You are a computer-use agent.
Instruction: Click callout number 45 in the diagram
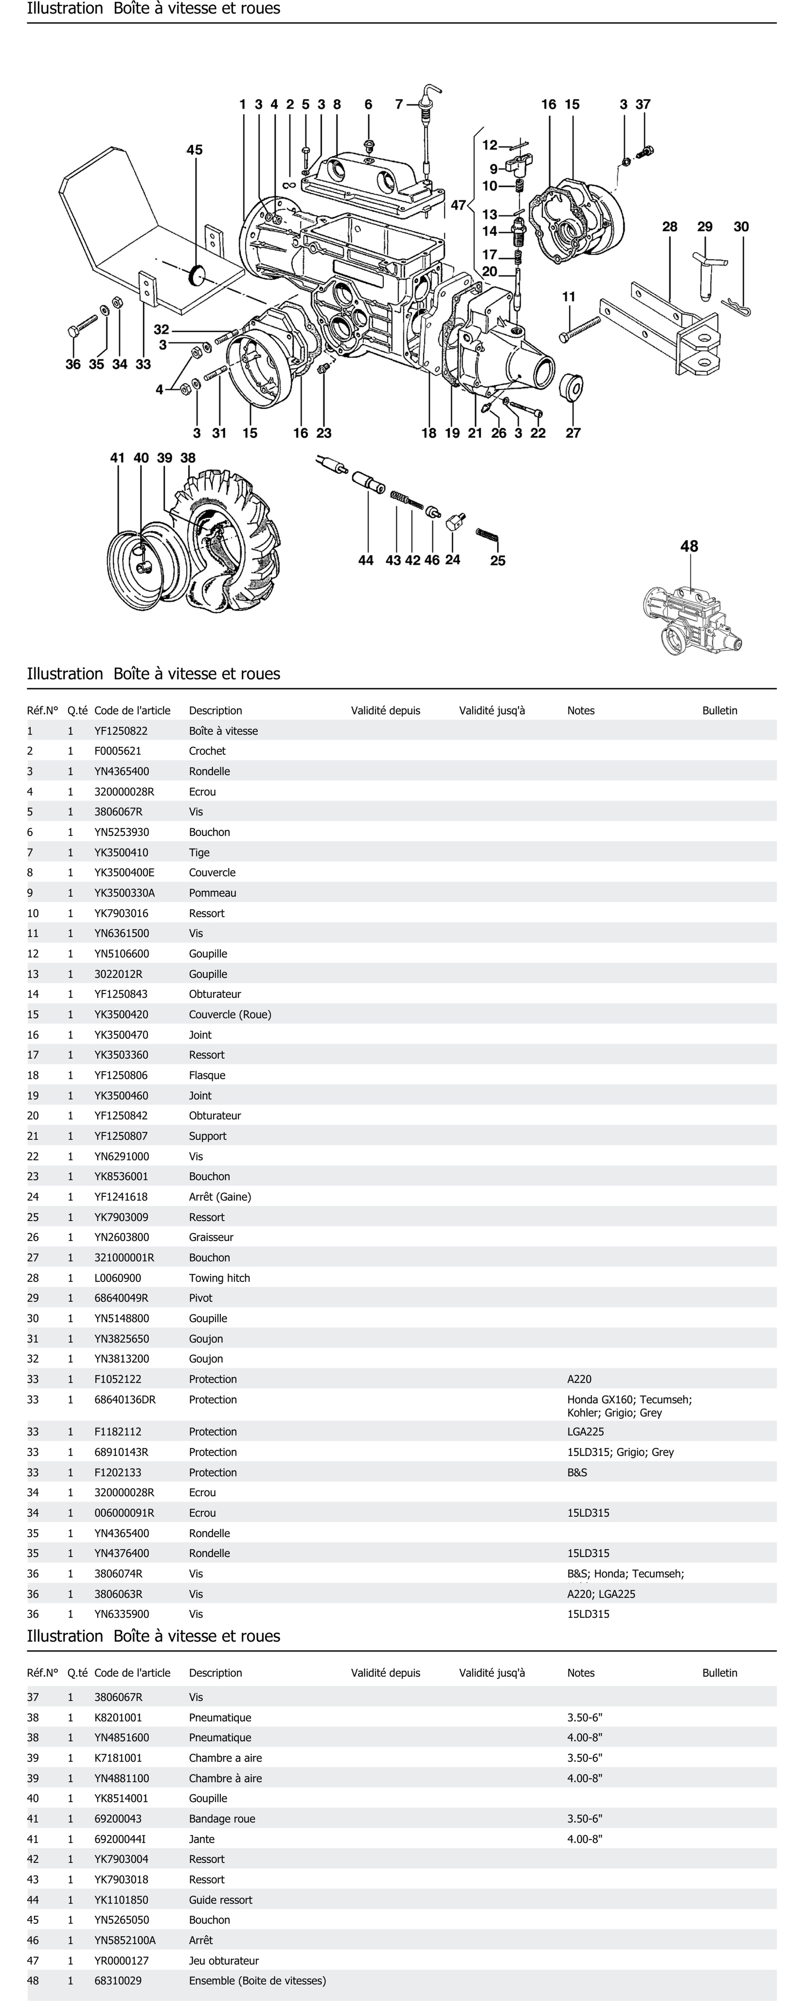pyautogui.click(x=194, y=150)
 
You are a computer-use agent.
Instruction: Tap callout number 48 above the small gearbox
pyautogui.click(x=689, y=546)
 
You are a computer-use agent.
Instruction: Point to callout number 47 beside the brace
pyautogui.click(x=458, y=205)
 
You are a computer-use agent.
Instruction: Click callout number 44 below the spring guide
pyautogui.click(x=366, y=560)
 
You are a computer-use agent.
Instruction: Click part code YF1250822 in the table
pyautogui.click(x=121, y=731)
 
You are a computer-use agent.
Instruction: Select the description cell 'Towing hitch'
pyautogui.click(x=219, y=1278)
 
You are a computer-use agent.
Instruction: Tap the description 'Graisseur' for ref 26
pyautogui.click(x=211, y=1237)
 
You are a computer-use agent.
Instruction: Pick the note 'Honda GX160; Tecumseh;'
pyautogui.click(x=629, y=1400)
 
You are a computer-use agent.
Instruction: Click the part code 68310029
pyautogui.click(x=118, y=1981)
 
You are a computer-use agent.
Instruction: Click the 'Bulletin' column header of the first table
pyautogui.click(x=719, y=711)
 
